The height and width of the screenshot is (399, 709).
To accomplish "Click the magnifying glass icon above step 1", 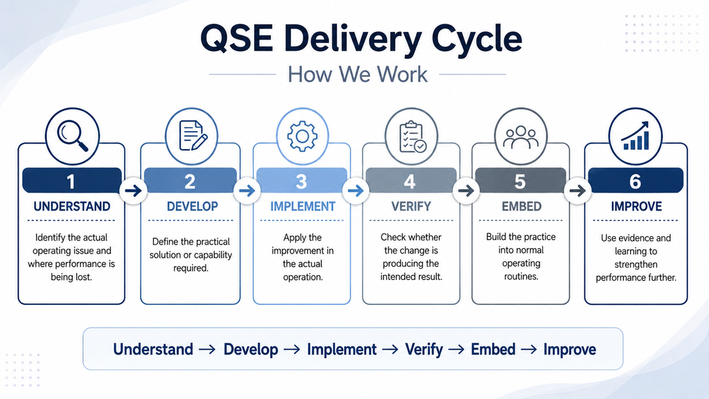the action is (71, 135).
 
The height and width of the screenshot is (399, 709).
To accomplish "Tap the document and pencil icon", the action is (193, 135).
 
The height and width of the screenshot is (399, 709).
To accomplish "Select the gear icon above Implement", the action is (303, 136).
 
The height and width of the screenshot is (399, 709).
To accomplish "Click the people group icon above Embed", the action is (521, 138).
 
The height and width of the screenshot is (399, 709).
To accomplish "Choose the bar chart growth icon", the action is (636, 136).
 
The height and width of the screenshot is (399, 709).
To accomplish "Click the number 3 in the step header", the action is (301, 182).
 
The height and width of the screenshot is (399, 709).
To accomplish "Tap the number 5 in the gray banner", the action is (520, 182).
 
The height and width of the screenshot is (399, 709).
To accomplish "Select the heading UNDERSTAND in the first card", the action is (72, 206).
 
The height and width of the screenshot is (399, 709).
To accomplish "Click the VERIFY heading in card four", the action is (411, 206).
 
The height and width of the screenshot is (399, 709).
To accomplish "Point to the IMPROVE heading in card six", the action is (636, 206).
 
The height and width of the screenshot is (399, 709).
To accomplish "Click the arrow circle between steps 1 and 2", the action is (133, 190).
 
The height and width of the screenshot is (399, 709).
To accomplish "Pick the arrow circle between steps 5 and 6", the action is (577, 190).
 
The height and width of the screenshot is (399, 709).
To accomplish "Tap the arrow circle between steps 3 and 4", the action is (355, 190).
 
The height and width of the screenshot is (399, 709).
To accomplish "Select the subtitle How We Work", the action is (358, 74).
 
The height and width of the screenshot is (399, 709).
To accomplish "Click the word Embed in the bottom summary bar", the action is (493, 349).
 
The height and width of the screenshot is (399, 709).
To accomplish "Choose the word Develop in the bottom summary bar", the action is (251, 350).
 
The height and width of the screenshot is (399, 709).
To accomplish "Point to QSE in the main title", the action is (237, 39).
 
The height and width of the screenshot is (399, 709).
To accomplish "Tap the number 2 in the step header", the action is (190, 182).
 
